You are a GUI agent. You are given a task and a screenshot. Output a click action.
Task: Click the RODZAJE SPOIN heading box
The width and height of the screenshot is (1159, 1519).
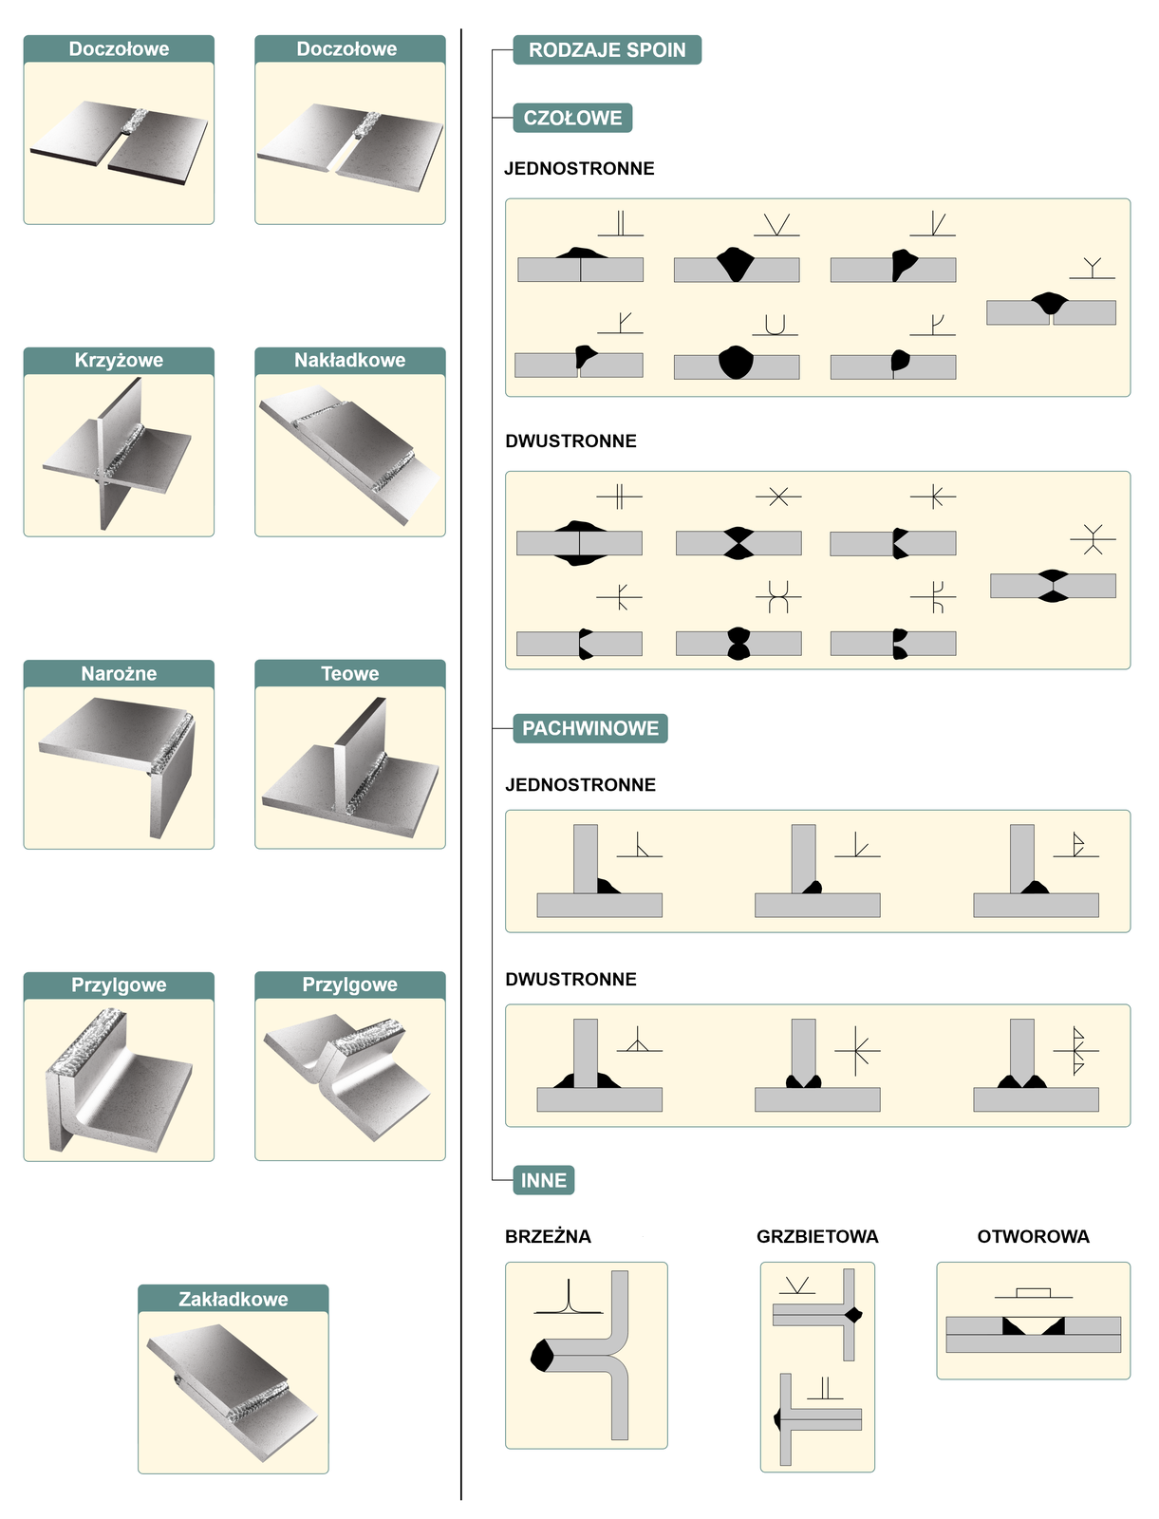(x=607, y=49)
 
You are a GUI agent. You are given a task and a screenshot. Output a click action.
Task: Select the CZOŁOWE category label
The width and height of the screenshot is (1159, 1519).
(x=572, y=118)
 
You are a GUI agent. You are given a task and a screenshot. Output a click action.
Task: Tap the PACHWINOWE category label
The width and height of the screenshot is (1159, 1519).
(x=589, y=728)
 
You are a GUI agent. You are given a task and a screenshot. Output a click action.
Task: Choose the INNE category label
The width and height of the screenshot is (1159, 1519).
(x=543, y=1180)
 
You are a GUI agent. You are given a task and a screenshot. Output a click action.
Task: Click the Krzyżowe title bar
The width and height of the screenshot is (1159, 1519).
(x=119, y=361)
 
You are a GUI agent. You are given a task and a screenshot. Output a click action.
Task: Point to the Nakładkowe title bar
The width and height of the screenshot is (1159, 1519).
(x=350, y=361)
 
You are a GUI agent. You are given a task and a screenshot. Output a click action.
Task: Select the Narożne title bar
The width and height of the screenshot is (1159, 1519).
(x=119, y=673)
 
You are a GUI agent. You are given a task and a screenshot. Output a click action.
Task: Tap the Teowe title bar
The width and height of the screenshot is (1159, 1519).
(x=350, y=673)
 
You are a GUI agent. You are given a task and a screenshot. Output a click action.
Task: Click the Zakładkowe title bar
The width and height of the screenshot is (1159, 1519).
(x=234, y=1298)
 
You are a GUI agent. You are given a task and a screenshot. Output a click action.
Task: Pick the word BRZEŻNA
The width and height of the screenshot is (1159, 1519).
(x=548, y=1237)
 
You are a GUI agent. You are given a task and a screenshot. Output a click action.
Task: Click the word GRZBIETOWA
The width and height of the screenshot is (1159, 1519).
(x=817, y=1237)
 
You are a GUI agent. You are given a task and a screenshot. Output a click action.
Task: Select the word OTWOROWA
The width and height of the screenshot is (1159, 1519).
(x=1033, y=1237)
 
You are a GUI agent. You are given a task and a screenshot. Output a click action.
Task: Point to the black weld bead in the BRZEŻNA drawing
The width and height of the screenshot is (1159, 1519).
(x=541, y=1355)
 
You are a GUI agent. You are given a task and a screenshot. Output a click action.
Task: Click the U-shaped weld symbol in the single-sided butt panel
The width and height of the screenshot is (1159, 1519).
(x=775, y=326)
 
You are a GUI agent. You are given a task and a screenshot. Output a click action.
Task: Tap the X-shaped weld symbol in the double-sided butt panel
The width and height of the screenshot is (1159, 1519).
(x=778, y=497)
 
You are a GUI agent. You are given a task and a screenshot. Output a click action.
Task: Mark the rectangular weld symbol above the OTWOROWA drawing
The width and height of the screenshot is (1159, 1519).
(x=1033, y=1292)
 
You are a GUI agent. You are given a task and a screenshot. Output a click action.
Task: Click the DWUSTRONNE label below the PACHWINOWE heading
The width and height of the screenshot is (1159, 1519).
(x=570, y=979)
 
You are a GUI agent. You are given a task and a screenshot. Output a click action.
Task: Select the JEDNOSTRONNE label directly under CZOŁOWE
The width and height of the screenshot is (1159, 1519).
(x=579, y=168)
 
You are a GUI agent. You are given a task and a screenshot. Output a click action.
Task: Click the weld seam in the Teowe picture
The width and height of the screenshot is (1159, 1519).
(x=365, y=783)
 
